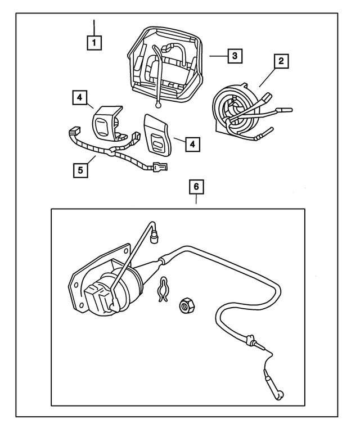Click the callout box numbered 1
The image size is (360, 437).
tap(94, 43)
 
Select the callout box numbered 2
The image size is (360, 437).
tap(281, 61)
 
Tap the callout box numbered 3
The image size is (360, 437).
tap(235, 56)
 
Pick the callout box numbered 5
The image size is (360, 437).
tap(80, 170)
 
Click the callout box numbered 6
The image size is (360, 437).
tap(196, 187)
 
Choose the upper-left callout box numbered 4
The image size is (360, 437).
tap(80, 97)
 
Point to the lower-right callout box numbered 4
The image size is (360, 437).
tap(192, 144)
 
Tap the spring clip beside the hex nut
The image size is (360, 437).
tap(163, 290)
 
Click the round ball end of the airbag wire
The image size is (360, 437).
tap(159, 105)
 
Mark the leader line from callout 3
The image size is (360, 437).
tap(219, 56)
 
